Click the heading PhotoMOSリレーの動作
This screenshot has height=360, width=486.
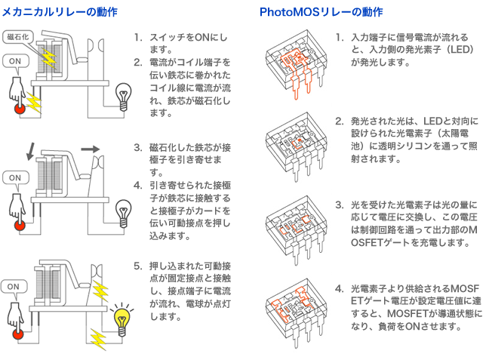tap(321, 12)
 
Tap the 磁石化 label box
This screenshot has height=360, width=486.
tap(17, 36)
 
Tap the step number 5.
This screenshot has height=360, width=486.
tap(137, 266)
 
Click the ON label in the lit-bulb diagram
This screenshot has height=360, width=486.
tap(14, 287)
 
